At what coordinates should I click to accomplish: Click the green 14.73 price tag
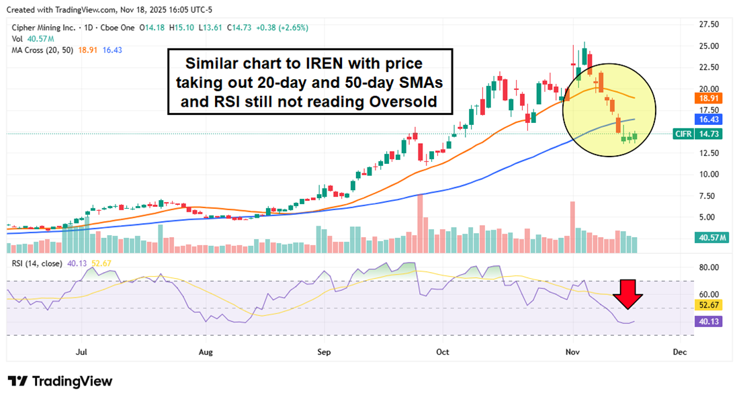709,134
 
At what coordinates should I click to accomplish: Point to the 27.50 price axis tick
708,24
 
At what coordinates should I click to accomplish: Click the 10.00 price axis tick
708,174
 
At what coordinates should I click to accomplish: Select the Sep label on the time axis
324,351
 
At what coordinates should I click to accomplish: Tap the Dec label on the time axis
679,351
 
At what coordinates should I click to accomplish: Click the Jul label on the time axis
82,351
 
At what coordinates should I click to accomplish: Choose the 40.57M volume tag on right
711,238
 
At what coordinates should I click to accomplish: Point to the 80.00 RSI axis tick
708,267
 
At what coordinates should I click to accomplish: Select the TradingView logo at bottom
60,381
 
